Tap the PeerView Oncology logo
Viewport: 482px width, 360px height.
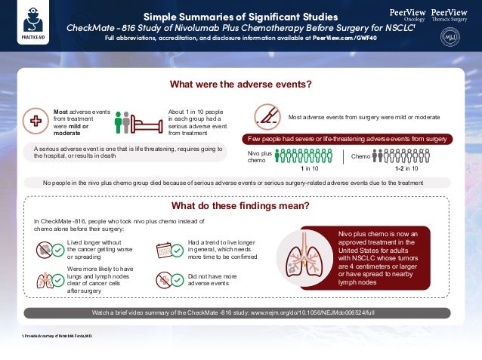pos(407,17)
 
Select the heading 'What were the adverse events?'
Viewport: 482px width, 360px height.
pos(240,84)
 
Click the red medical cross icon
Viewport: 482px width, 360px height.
pos(36,120)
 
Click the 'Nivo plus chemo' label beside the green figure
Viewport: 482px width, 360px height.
pos(257,156)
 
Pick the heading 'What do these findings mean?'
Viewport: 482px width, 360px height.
pos(240,205)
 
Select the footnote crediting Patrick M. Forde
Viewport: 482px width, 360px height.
pos(57,334)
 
